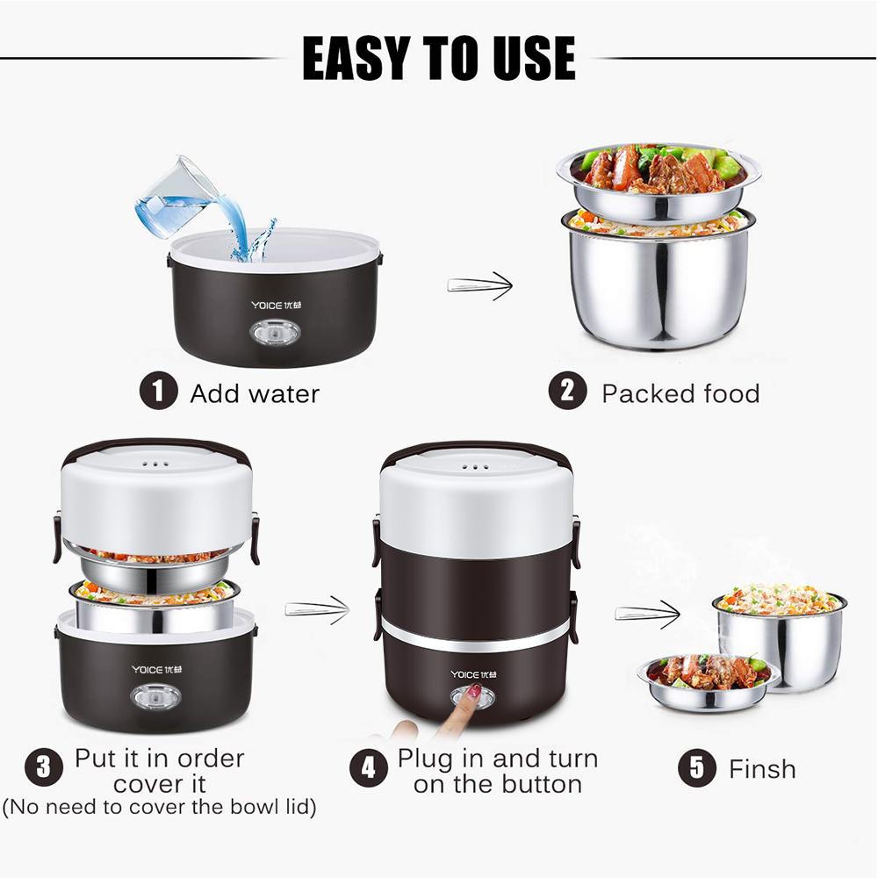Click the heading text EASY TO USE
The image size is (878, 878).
coord(438,59)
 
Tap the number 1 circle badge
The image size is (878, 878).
coord(158,392)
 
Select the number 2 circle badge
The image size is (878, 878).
coord(568,392)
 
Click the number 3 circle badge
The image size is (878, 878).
coord(43,769)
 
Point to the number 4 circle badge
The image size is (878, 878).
coord(368,769)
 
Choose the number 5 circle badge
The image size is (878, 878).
coord(696,768)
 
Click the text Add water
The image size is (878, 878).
coord(255,393)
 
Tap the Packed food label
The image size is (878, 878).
coord(680,393)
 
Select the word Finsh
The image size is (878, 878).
coord(762,769)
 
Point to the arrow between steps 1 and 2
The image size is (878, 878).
coord(479,284)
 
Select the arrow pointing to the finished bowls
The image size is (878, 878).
coord(647,612)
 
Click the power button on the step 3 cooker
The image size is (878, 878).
coord(156,697)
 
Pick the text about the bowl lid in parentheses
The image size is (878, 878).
coord(159,806)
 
